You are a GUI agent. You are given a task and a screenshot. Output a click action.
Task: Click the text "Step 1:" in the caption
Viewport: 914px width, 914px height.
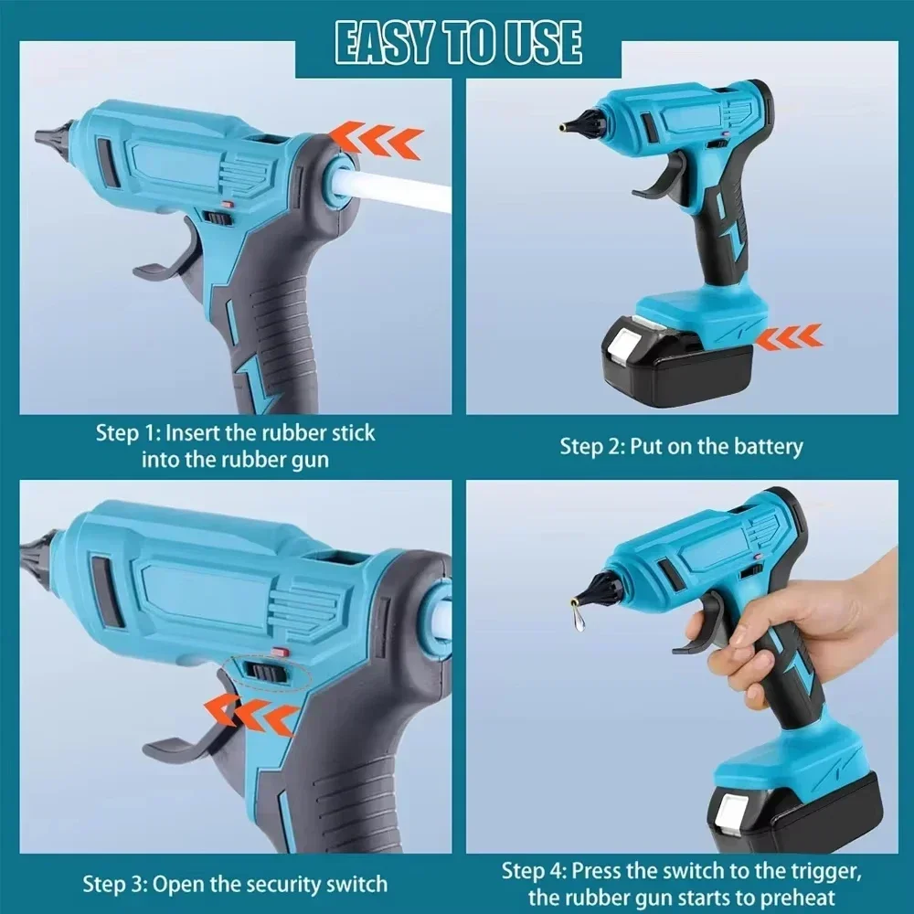(128, 432)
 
